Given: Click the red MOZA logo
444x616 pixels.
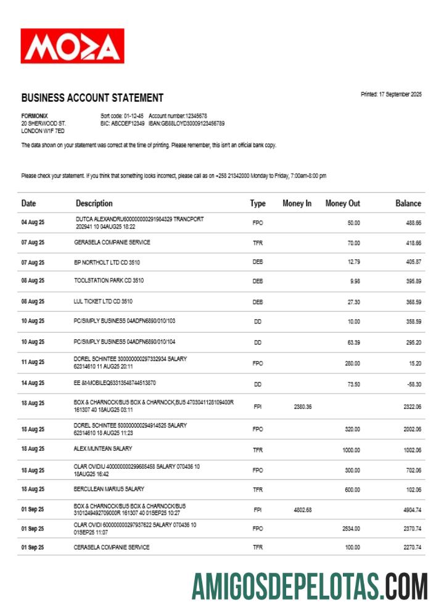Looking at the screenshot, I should tap(72, 46).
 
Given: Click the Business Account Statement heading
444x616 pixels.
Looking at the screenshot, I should tap(92, 98).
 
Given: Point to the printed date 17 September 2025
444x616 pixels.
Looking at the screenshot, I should tap(391, 94).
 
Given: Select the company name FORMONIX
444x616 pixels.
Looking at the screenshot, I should tap(35, 116).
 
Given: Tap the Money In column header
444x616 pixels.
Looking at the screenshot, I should tap(297, 203).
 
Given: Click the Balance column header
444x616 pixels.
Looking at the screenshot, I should tap(408, 203).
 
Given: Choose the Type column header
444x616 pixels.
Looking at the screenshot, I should tap(258, 203).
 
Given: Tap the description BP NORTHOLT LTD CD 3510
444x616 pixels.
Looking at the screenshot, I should tap(107, 262).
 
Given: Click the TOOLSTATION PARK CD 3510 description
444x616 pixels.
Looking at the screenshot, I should tap(109, 281).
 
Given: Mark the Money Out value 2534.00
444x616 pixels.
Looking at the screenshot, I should tap(350, 529).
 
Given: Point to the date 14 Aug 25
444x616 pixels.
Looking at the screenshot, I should tap(33, 383).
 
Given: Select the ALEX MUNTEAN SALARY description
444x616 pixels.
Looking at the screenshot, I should tap(103, 448).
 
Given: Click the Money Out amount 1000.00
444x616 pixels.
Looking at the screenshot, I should tap(351, 450).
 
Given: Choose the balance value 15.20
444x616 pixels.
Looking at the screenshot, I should tap(414, 363).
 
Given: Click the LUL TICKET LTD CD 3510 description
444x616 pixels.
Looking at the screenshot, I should tap(103, 302).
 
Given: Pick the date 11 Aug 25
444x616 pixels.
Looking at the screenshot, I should tap(33, 362).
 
